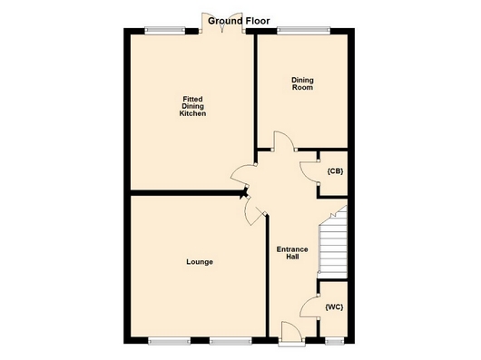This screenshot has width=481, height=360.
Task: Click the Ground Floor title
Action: point(239,21)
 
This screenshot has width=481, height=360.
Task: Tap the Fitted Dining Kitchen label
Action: point(192,106)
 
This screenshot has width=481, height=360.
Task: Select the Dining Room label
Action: point(302,83)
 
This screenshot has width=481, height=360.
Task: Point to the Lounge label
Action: point(200,262)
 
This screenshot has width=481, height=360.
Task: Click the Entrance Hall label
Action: point(292,253)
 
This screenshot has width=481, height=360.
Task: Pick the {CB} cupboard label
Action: point(335,171)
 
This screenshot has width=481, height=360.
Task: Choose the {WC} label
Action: point(334,307)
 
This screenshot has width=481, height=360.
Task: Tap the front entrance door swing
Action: point(291,331)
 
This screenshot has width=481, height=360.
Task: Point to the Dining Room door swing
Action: point(284,141)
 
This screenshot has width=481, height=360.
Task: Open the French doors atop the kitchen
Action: point(222,23)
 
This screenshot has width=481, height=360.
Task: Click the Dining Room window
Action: point(304,30)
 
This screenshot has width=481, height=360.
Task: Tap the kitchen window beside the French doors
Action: point(165,30)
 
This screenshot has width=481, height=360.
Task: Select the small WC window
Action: point(335,340)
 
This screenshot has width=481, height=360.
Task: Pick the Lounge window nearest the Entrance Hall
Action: point(231,340)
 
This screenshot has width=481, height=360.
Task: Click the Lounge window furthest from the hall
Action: point(169,340)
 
